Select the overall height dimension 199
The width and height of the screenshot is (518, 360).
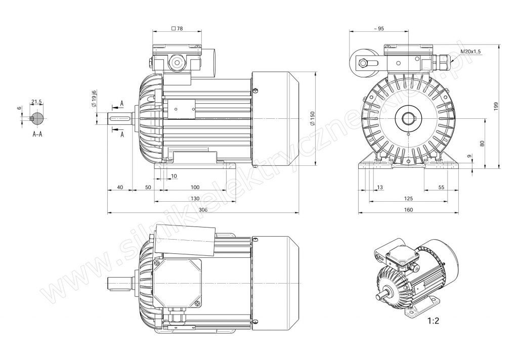pyautogui.click(x=497, y=106)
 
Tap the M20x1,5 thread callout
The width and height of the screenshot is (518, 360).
pyautogui.click(x=470, y=52)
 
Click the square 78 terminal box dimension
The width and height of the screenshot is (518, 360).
pyautogui.click(x=177, y=29)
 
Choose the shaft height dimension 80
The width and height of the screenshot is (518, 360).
pyautogui.click(x=483, y=143)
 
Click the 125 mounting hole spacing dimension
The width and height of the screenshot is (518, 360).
pyautogui.click(x=408, y=198)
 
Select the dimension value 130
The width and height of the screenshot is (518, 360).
pyautogui.click(x=194, y=198)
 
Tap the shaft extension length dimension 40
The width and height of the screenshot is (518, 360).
pyautogui.click(x=120, y=187)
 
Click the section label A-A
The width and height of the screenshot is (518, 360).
pyautogui.click(x=37, y=134)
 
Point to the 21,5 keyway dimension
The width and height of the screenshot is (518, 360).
pyautogui.click(x=36, y=102)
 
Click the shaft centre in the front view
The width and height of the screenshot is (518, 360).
pyautogui.click(x=408, y=119)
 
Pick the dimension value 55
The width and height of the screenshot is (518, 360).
pyautogui.click(x=441, y=187)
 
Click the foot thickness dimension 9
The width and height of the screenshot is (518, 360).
pyautogui.click(x=470, y=157)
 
